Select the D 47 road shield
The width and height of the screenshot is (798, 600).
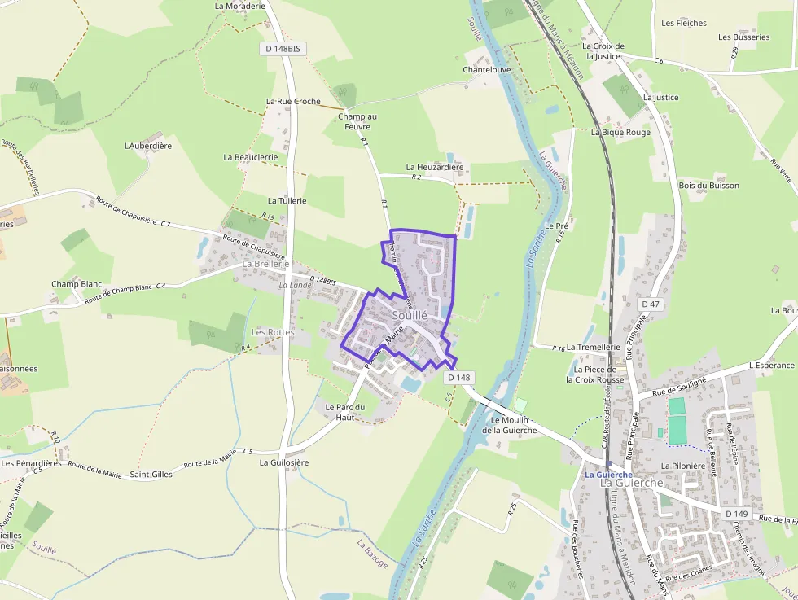point(651,304)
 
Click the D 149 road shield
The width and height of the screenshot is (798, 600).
point(736,514)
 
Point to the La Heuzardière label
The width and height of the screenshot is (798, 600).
point(434,167)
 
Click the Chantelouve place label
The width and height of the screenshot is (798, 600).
point(487,70)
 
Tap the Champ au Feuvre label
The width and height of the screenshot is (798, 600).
point(357,121)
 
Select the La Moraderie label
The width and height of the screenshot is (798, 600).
point(240,6)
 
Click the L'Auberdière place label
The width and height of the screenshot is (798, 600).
point(148,146)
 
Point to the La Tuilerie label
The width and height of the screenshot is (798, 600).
point(287,200)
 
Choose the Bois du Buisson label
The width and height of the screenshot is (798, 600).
point(708,186)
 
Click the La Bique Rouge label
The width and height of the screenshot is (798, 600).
point(620,132)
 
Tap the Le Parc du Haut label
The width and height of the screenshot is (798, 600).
point(345,412)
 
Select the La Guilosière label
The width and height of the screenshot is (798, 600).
point(284,462)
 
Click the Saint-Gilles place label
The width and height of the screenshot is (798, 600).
point(151,474)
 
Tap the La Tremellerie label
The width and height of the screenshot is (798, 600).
point(593,347)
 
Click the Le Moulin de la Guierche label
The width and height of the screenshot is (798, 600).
point(509,425)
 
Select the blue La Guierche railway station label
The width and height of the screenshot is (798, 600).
point(608,474)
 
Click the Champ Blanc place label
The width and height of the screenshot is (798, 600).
point(77,284)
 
